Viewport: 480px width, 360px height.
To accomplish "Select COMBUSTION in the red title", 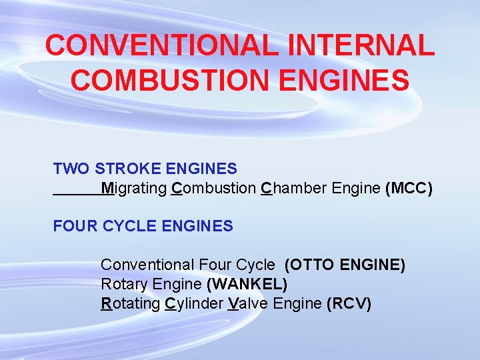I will point(169,81).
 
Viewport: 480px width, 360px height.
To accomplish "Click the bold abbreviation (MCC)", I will point(409,189).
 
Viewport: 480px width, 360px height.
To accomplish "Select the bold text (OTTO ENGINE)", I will point(345,265).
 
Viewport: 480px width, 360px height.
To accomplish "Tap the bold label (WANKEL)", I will point(247,285).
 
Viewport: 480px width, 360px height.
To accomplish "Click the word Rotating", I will point(131,304).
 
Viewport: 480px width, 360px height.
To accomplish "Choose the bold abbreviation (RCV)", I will point(349,304).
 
